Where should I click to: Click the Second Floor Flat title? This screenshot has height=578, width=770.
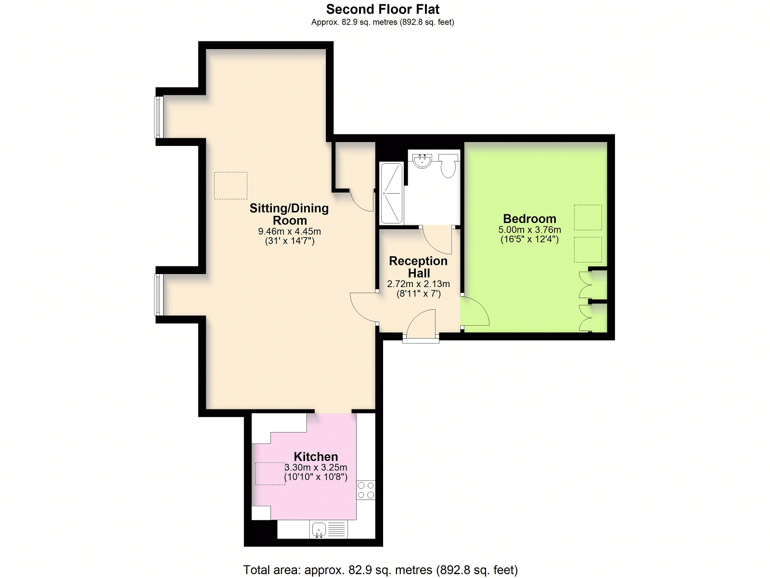tap(383, 9)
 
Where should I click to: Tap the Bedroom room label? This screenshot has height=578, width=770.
tap(529, 219)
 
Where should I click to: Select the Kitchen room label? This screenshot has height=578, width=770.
tap(316, 457)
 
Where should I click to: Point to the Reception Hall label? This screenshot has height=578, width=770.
tap(419, 267)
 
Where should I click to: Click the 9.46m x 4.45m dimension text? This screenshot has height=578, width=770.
tap(289, 231)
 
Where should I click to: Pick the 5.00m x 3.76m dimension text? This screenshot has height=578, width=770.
tap(529, 230)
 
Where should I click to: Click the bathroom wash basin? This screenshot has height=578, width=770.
tap(423, 161)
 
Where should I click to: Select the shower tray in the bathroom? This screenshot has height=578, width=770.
tap(391, 193)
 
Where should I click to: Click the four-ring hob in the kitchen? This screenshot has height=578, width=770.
tap(366, 490)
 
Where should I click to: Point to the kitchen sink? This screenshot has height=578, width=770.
tap(319, 529)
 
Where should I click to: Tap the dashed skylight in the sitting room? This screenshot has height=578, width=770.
tap(231, 185)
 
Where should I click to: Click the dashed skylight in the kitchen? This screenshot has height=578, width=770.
tap(270, 473)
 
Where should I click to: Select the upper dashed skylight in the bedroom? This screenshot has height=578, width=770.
tap(588, 218)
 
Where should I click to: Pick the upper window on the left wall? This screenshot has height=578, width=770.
tap(159, 117)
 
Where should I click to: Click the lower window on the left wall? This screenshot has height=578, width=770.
tap(159, 295)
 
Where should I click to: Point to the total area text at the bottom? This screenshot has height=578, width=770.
tap(380, 570)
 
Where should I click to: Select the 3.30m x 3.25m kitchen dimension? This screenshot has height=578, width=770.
tap(316, 467)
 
